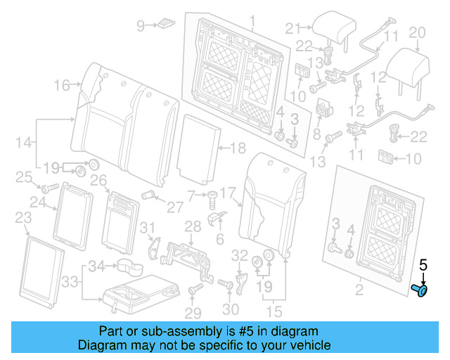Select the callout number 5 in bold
[x=423, y=265]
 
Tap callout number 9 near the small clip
[x=140, y=26]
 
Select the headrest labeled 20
[x=411, y=65]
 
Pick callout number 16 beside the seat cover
[x=63, y=86]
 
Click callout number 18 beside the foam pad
[x=238, y=148]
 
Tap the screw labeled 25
[x=49, y=188]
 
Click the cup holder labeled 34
[x=128, y=266]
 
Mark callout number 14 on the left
[x=22, y=142]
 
